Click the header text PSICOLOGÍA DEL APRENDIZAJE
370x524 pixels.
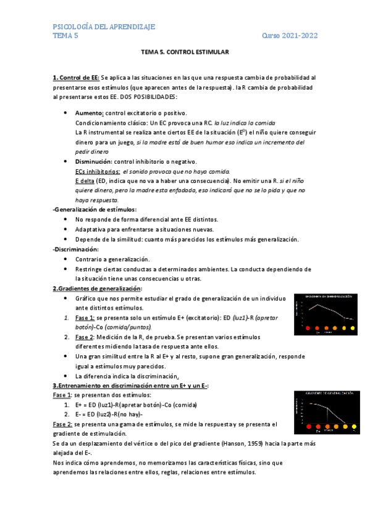point(104,27)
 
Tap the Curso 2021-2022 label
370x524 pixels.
point(290,36)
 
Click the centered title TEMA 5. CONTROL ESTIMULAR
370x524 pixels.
point(185,53)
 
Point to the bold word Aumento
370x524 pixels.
point(89,113)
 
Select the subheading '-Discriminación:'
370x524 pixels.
point(77,249)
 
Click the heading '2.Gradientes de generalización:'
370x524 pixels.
point(97,289)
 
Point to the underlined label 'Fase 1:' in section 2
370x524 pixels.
point(85,317)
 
